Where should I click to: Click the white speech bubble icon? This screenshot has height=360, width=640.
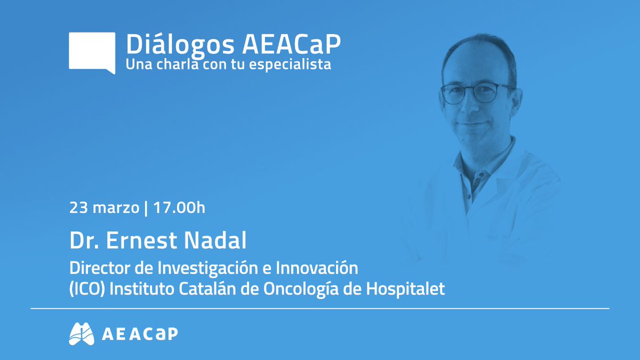pyautogui.click(x=92, y=52)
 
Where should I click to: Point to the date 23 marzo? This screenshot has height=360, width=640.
pyautogui.click(x=103, y=207)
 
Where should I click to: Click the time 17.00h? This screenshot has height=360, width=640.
pyautogui.click(x=179, y=207)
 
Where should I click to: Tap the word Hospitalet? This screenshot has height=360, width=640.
pyautogui.click(x=414, y=290)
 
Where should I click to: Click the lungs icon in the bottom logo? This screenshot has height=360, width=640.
pyautogui.click(x=82, y=333)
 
